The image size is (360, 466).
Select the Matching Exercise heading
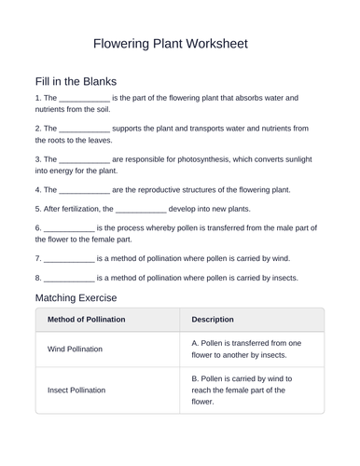tap(76, 297)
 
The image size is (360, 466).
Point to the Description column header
tap(213, 320)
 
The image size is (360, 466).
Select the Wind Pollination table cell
tap(75, 349)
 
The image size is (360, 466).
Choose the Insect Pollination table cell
tap(76, 391)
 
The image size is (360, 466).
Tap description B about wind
tap(242, 391)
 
